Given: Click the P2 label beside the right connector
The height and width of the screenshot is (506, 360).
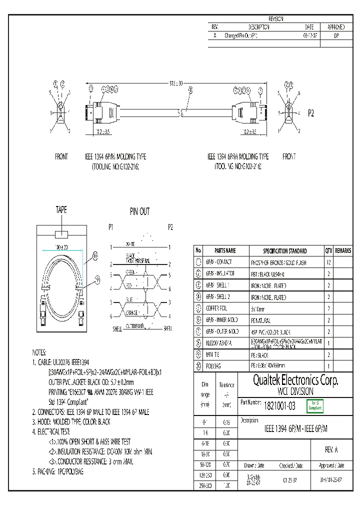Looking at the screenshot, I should pos(310,113).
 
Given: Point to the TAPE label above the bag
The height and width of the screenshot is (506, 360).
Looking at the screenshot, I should pos(61,210).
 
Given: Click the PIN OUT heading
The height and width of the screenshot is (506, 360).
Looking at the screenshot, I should pos(139,212).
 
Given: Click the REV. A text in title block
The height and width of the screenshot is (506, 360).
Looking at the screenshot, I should pos(331,450).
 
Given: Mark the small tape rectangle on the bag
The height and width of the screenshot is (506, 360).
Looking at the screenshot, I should pos(61,234).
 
